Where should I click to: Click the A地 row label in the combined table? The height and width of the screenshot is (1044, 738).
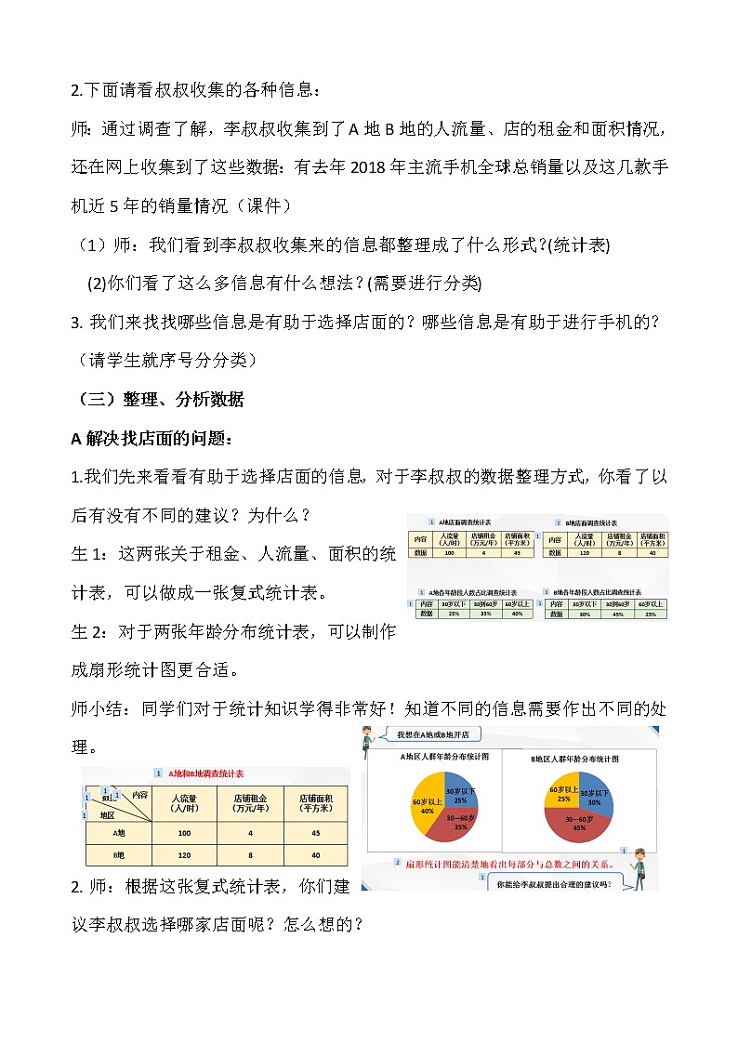118,833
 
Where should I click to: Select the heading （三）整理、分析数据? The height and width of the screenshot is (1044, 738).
158,400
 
